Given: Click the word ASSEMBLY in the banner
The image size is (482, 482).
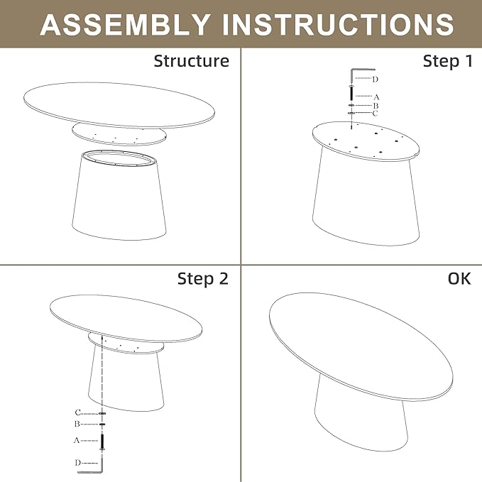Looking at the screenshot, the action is pos(125,24).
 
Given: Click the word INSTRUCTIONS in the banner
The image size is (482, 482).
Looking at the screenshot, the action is pos(338,24).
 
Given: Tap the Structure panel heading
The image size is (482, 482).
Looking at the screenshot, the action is pos(191,61).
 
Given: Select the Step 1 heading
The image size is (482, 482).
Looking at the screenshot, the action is pos(448,61).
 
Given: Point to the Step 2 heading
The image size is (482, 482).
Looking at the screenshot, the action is pos(203,279).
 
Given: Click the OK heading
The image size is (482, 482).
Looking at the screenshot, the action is pos(459,278).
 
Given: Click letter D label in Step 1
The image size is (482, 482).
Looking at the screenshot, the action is pos(375,80).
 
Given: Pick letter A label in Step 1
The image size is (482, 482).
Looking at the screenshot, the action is pos(376,97).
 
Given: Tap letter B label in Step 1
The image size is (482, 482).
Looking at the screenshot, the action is pos(376,106).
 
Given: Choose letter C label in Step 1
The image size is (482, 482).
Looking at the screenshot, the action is pos(375,114).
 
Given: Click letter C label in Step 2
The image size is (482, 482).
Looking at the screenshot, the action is pos(78,412).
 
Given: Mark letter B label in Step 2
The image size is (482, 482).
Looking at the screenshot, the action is pos(77,425).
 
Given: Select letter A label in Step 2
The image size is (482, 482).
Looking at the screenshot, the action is pos(77,441).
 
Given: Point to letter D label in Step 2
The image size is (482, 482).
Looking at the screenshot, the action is pos(78,463).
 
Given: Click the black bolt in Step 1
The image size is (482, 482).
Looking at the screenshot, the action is pos(351,94).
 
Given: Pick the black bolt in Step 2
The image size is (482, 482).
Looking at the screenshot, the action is pos(102,442).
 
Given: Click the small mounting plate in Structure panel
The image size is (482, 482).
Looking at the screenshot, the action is pos(119,134).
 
